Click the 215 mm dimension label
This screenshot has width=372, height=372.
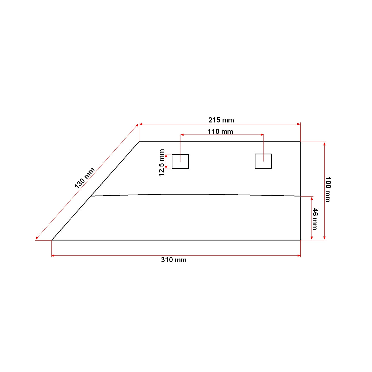221,120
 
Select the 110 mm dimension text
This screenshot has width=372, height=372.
220,131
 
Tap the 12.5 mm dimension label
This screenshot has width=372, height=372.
162,163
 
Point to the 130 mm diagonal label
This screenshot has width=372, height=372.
84,178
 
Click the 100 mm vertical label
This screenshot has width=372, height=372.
328,189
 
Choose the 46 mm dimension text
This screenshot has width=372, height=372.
315,219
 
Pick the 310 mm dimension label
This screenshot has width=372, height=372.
174,260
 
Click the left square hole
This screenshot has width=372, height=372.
180,162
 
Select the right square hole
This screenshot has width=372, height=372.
263,161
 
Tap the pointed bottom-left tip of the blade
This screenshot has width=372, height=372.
52,240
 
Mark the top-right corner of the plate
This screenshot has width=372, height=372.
300,142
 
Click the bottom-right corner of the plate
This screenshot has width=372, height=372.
300,240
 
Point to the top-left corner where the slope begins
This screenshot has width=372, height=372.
139,142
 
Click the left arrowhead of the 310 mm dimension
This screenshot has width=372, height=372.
53,255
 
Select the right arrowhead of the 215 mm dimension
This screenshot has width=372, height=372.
299,124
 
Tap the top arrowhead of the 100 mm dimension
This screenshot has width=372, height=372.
325,144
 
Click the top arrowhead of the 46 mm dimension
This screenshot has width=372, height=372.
312,198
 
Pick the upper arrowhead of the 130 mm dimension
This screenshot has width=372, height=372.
137,125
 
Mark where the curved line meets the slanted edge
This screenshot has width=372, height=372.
91,196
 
